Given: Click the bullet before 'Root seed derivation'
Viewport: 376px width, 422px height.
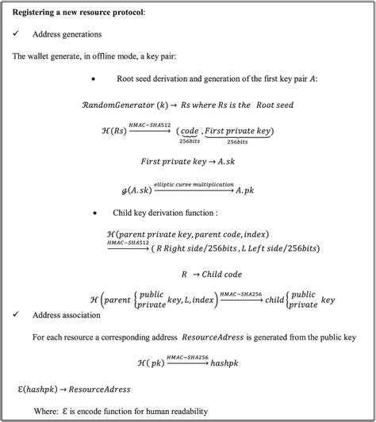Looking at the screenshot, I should click(94, 79).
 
